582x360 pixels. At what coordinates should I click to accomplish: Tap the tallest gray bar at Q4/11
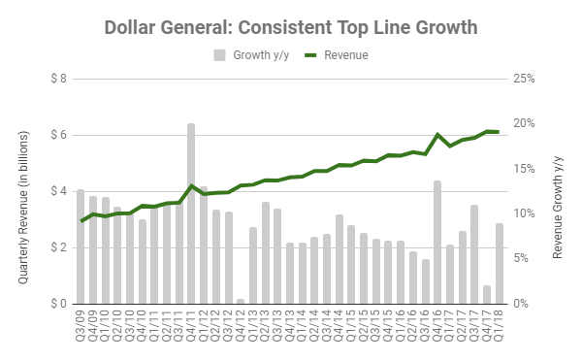(x=191, y=213)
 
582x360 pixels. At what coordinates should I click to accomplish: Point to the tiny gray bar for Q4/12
(x=241, y=301)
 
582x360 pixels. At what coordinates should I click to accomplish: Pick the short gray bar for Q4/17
(x=487, y=294)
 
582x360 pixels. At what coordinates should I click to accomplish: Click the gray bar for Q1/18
(x=500, y=263)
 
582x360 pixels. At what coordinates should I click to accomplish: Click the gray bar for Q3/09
(x=81, y=246)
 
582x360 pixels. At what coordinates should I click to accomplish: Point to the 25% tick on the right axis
(x=525, y=79)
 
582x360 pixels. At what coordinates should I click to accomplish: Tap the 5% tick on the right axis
(x=522, y=259)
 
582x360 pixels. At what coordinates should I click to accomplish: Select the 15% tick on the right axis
(x=525, y=169)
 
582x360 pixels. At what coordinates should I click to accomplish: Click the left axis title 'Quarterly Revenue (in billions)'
(x=22, y=191)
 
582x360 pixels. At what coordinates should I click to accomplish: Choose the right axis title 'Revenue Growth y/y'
(x=559, y=191)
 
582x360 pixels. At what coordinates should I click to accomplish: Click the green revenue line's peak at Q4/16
(x=437, y=135)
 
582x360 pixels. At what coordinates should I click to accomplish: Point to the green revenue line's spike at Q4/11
(x=191, y=185)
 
